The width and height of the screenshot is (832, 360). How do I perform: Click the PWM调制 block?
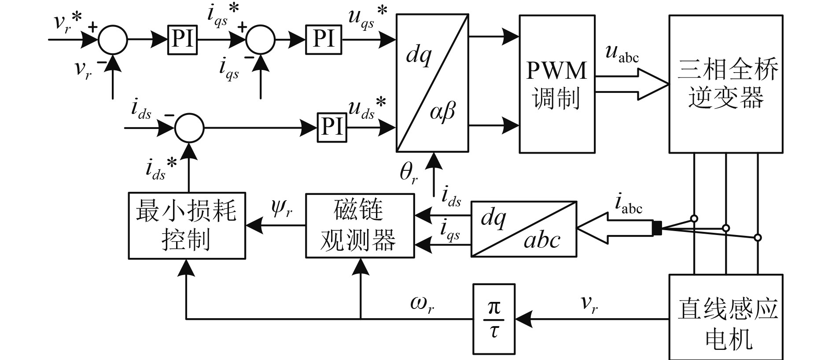[557, 84]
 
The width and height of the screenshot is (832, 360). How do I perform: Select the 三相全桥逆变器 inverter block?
[725, 84]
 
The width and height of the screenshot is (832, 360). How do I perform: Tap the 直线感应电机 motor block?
[725, 317]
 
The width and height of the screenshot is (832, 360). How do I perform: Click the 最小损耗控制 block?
[187, 225]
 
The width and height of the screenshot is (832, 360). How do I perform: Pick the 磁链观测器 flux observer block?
[360, 225]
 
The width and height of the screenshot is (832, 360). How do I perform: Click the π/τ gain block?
[493, 319]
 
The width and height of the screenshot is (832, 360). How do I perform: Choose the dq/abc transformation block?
[524, 229]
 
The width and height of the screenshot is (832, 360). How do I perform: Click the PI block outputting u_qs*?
[324, 40]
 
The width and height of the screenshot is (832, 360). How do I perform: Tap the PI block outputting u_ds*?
[332, 128]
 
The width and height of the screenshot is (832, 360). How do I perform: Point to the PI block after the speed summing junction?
[182, 40]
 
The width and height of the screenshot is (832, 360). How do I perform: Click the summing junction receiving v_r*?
[113, 40]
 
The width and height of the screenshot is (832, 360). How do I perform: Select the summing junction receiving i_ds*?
[189, 128]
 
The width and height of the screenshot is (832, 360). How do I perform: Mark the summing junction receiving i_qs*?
[260, 40]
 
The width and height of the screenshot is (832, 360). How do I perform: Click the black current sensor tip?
[657, 228]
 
